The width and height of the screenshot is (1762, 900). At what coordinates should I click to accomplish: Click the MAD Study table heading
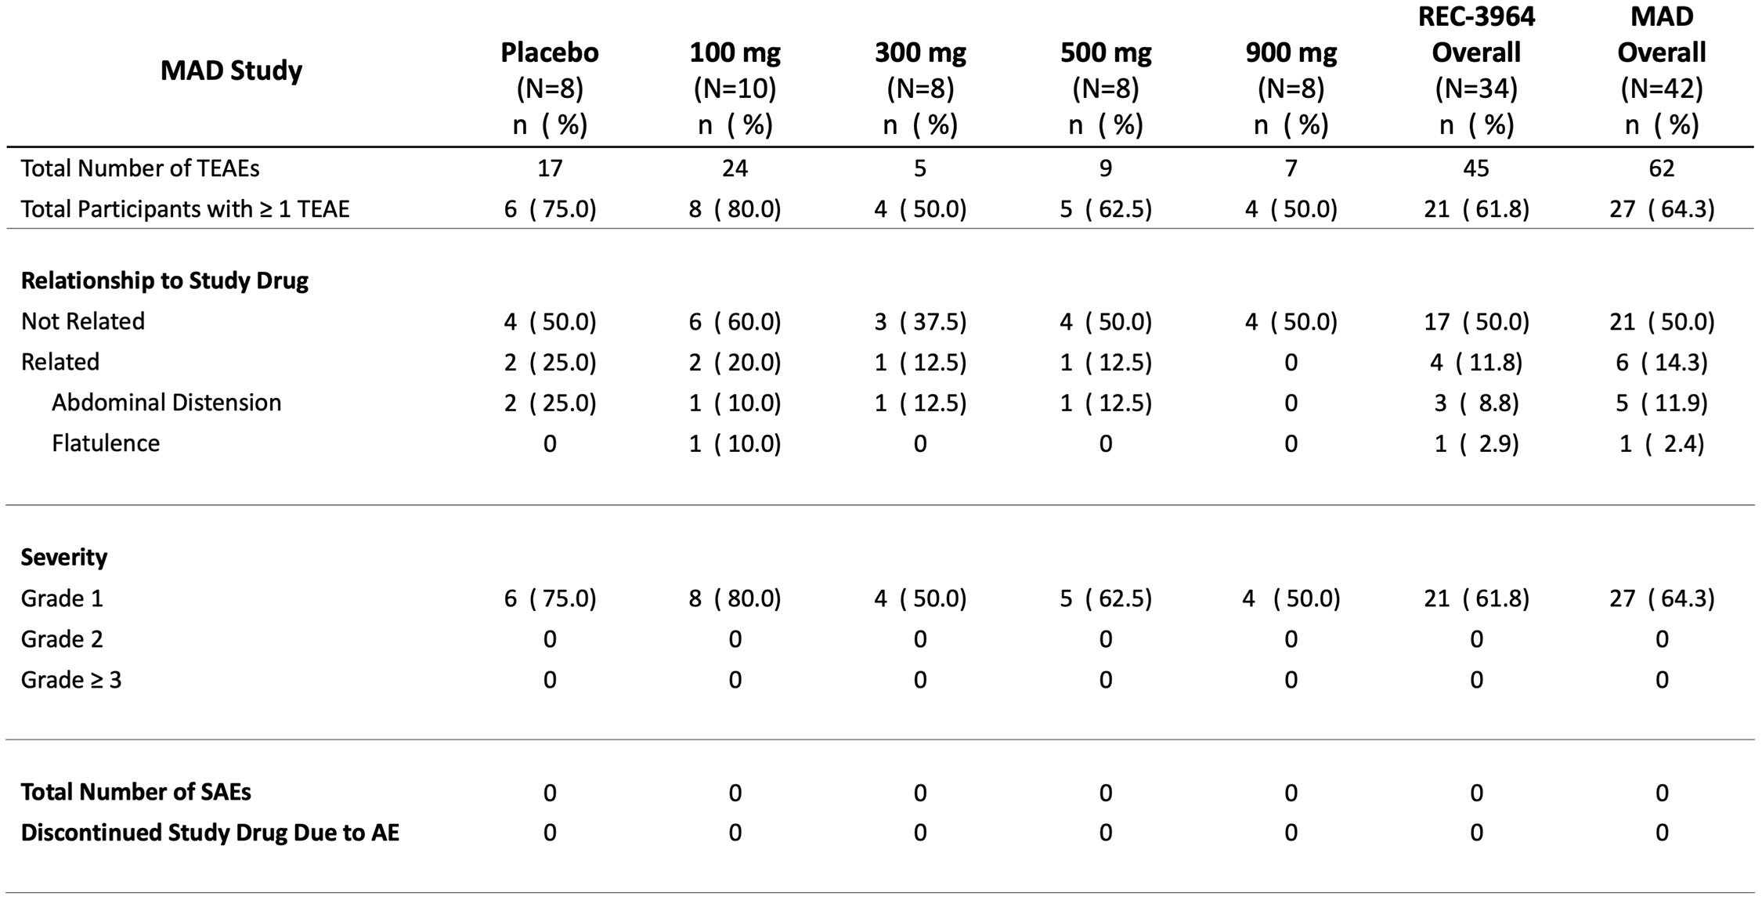(x=231, y=70)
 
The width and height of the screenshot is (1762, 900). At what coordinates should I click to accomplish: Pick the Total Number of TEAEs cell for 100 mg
(x=735, y=168)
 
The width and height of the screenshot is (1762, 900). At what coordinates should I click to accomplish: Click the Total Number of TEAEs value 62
(x=1661, y=168)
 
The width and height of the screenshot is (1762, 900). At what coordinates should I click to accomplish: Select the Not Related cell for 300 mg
(x=920, y=322)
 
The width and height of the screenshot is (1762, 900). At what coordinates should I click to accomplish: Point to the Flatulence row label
(x=106, y=443)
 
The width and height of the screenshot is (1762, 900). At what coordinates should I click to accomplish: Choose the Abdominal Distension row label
(x=166, y=403)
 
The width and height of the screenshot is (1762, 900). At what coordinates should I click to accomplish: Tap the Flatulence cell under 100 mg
(x=735, y=444)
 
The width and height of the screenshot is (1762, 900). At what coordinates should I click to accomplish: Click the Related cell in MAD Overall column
(x=1661, y=363)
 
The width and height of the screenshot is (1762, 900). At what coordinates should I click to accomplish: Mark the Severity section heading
(x=63, y=558)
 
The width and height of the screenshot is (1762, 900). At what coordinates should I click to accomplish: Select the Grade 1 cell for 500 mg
(x=1105, y=599)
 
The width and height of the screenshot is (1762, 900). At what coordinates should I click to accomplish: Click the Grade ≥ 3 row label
(x=71, y=680)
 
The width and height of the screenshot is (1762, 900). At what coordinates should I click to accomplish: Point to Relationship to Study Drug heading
(x=164, y=280)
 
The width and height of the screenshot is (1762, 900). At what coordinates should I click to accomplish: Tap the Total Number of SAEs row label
(x=135, y=792)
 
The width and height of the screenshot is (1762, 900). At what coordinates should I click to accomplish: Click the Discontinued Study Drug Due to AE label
(x=210, y=833)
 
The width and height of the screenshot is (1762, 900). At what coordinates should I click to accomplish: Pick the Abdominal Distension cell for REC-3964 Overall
(x=1476, y=403)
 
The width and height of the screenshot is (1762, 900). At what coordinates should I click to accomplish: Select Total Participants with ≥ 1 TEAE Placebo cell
(x=550, y=209)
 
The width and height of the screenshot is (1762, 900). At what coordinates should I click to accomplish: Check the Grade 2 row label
(x=62, y=639)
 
